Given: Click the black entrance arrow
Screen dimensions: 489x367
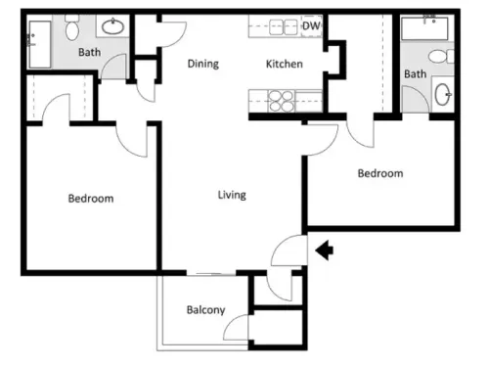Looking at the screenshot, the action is click(x=325, y=251).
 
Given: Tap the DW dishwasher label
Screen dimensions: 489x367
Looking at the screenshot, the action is click(x=311, y=26).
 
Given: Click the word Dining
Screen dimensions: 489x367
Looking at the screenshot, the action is click(x=203, y=64).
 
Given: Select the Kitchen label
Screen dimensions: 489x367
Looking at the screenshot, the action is click(x=285, y=64).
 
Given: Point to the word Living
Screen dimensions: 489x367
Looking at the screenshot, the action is click(x=232, y=195).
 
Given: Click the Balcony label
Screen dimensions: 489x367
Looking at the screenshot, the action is click(x=205, y=310).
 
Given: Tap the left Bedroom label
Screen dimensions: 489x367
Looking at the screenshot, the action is click(x=91, y=199).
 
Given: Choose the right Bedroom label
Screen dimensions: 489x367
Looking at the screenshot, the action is click(x=380, y=173).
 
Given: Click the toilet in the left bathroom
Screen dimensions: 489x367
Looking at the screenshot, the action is click(x=71, y=27).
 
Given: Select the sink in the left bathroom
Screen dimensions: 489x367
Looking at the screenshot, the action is click(x=112, y=26).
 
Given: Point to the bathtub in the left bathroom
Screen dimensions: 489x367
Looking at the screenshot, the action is click(x=40, y=44).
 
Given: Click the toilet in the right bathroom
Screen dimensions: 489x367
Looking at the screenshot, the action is click(x=441, y=57).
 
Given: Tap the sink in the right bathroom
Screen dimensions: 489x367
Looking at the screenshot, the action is click(x=443, y=94).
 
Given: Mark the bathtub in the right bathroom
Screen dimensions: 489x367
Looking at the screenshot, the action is click(x=424, y=28).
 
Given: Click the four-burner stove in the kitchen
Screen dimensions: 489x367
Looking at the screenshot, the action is click(x=281, y=101).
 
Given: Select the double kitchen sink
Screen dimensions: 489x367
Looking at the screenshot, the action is click(x=284, y=27).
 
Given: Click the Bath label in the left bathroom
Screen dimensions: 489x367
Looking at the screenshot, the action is click(x=90, y=52).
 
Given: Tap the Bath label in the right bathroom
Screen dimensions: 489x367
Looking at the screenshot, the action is click(x=416, y=74).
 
